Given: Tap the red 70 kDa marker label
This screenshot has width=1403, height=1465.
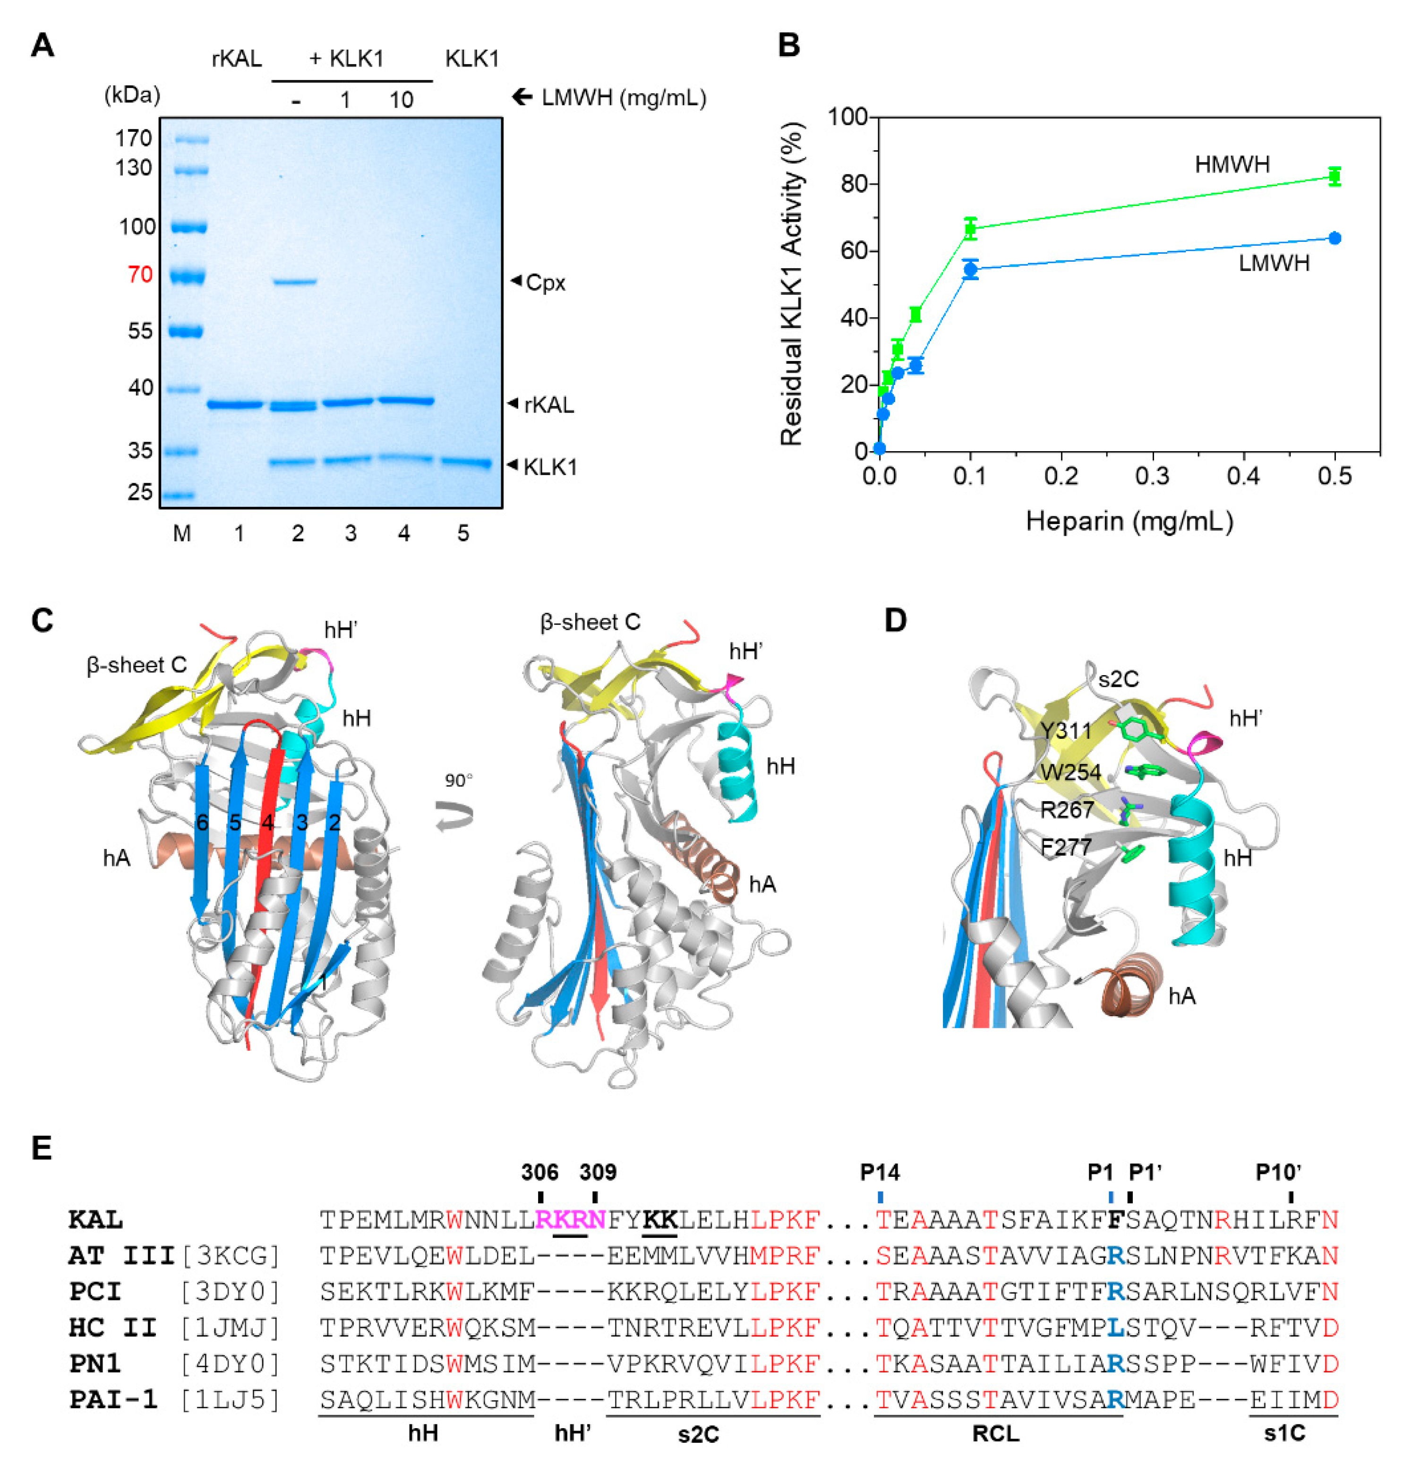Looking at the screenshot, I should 140,274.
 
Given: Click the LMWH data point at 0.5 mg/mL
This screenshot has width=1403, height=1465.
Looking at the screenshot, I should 1334,239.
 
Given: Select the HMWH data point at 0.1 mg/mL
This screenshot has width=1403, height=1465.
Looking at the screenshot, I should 970,229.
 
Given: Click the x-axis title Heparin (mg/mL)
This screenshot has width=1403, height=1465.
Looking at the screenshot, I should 1129,520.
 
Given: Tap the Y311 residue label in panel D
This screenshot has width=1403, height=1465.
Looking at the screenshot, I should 1065,730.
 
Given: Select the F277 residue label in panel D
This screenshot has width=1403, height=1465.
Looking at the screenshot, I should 1066,847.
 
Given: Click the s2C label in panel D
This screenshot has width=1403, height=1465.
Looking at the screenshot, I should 1118,679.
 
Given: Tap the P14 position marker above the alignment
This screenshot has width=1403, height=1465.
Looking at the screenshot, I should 880,1171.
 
